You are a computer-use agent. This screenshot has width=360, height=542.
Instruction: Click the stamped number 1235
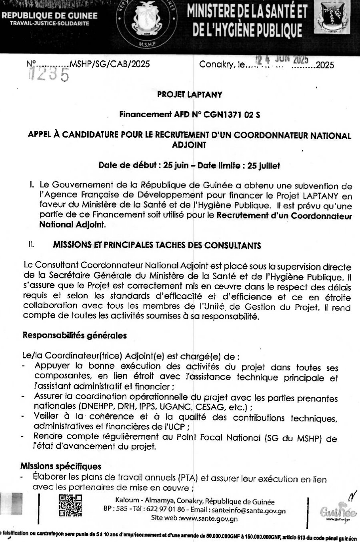(x=49, y=74)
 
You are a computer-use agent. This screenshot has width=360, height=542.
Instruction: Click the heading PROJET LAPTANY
(x=190, y=95)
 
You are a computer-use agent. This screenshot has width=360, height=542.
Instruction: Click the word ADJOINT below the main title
(x=189, y=145)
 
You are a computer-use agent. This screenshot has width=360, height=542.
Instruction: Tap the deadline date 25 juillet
(x=264, y=166)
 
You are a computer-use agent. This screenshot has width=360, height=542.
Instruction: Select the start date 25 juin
(x=176, y=166)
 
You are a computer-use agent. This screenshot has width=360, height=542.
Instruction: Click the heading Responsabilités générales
(x=74, y=335)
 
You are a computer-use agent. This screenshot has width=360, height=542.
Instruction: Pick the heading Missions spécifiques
(x=61, y=466)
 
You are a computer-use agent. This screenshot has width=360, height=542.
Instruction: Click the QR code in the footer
(x=70, y=506)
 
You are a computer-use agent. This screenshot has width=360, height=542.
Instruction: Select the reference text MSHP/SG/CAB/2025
(x=110, y=64)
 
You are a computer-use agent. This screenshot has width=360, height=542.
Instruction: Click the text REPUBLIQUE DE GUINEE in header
(x=50, y=16)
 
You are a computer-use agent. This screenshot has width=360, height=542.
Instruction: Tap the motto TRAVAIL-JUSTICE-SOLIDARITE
(x=50, y=23)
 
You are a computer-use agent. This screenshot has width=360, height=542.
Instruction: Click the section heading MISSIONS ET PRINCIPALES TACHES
(x=157, y=245)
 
